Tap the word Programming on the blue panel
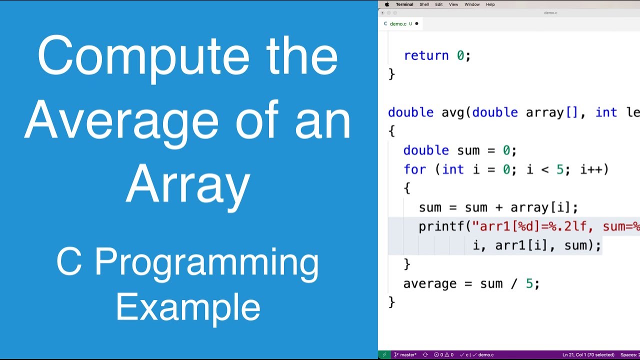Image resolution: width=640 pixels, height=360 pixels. [206, 262]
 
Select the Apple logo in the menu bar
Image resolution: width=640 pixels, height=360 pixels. [386, 4]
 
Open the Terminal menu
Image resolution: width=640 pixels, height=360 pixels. [404, 4]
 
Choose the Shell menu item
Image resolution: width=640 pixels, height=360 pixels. [424, 4]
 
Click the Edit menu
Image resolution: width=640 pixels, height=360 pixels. [438, 4]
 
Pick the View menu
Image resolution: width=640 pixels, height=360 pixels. [453, 4]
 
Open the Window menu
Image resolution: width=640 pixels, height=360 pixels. [472, 4]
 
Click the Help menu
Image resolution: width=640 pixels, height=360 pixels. [490, 4]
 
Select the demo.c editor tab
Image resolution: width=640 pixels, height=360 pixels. [398, 23]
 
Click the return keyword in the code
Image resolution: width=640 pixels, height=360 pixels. [426, 55]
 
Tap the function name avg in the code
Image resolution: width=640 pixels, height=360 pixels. [453, 112]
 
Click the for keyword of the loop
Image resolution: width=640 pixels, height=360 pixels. [414, 169]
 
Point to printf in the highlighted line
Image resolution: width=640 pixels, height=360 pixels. [441, 226]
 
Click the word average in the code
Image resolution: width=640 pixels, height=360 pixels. [430, 283]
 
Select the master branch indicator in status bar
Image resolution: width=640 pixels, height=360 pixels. [407, 355]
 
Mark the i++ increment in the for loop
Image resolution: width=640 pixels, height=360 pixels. [591, 169]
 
